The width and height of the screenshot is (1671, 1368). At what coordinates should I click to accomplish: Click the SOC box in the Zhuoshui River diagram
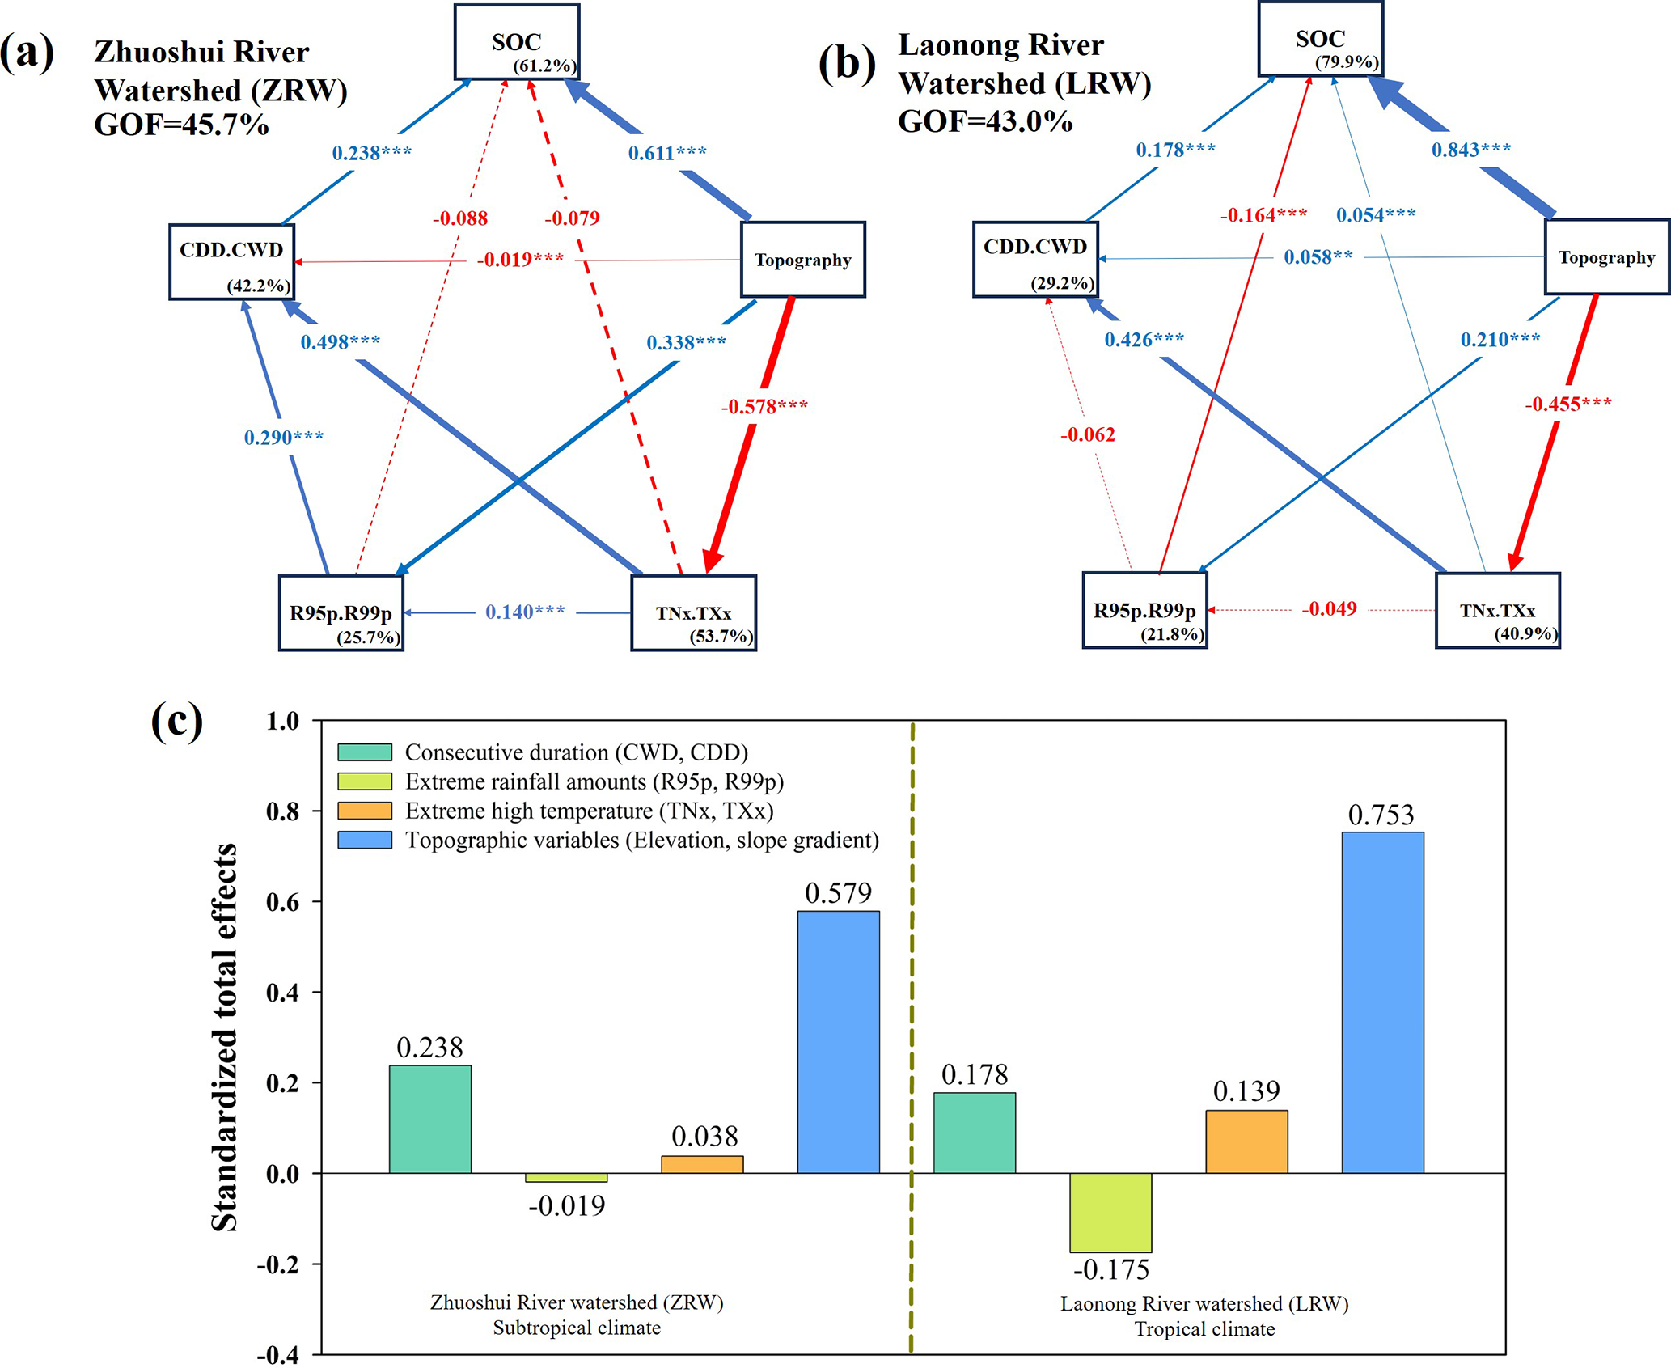coord(517,43)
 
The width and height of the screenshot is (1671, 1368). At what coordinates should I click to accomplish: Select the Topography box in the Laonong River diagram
coord(1606,257)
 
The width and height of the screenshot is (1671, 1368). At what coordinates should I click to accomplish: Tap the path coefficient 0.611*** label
coord(667,152)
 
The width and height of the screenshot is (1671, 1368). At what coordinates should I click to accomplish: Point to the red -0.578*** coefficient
coord(764,406)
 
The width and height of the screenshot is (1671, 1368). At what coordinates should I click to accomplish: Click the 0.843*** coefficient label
coord(1471,150)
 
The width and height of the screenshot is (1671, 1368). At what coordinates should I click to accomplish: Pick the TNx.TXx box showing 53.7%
coord(693,613)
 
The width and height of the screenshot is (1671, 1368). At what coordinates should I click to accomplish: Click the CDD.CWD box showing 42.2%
coord(231,261)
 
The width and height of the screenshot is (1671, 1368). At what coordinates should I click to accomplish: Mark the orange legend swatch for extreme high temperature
coord(365,811)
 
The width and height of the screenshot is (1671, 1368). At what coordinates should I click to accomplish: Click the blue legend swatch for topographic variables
coord(365,840)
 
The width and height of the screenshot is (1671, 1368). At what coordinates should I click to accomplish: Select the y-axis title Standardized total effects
coord(224,1036)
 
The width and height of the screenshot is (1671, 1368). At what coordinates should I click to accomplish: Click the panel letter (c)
coord(176,720)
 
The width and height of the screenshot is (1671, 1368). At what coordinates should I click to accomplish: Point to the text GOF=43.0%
coord(985,121)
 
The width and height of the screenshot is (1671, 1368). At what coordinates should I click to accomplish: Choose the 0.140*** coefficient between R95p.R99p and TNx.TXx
coord(525,612)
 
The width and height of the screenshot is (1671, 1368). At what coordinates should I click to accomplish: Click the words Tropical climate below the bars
coord(1204,1328)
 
